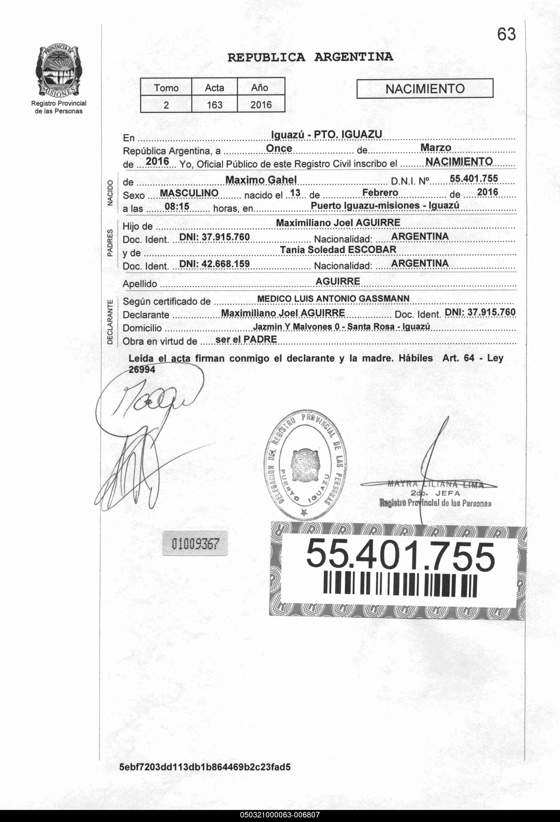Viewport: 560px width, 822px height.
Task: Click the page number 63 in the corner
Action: [506, 34]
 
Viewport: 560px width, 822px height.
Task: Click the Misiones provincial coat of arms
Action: [59, 72]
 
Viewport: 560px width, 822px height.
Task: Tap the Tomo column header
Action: [166, 87]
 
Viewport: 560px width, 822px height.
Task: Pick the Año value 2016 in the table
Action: [261, 105]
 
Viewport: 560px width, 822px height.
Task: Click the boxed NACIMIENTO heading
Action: [425, 88]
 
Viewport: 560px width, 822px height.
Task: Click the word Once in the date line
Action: [279, 148]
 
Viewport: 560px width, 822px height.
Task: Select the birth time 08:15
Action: [177, 206]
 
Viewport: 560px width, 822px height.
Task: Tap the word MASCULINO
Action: [189, 193]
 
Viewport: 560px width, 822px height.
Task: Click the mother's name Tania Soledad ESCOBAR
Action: [338, 250]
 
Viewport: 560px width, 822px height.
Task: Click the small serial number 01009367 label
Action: [195, 543]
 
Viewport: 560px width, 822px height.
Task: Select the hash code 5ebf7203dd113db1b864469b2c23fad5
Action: [205, 767]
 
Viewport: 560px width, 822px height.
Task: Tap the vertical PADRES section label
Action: [110, 243]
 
